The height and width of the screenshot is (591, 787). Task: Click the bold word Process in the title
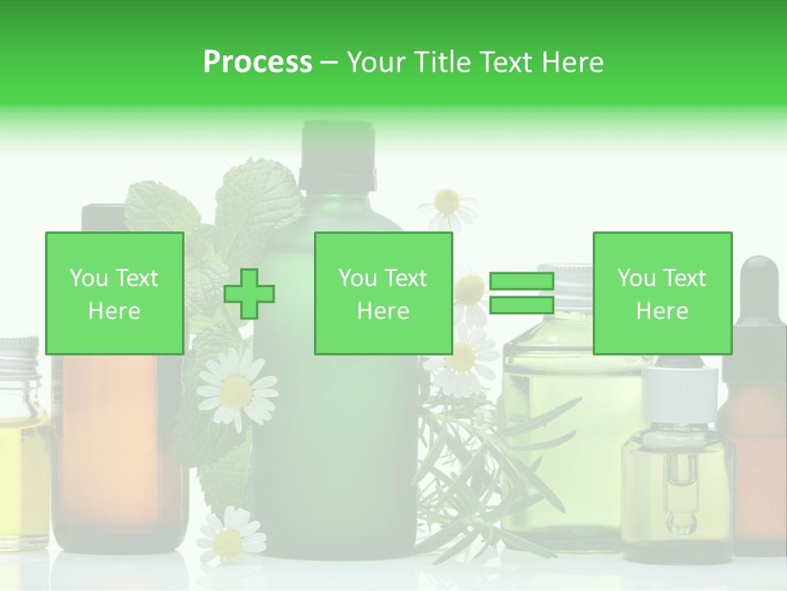[x=257, y=62]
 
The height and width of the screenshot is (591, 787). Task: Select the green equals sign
[x=521, y=294]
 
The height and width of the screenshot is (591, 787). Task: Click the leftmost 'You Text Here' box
[x=115, y=294]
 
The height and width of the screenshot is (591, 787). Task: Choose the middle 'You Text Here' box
[x=383, y=294]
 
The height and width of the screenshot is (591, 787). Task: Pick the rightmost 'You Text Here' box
[x=662, y=294]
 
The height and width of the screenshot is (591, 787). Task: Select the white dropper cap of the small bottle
[x=680, y=394]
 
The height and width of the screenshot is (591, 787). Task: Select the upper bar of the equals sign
[x=521, y=282]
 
